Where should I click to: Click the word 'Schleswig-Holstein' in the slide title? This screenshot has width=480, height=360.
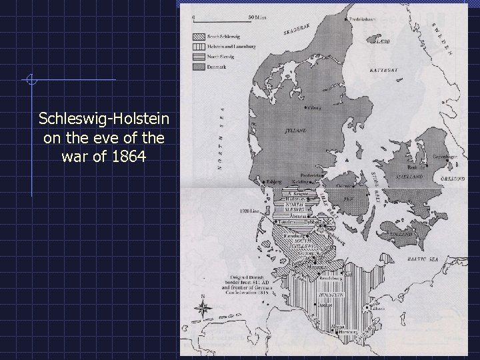103,119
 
